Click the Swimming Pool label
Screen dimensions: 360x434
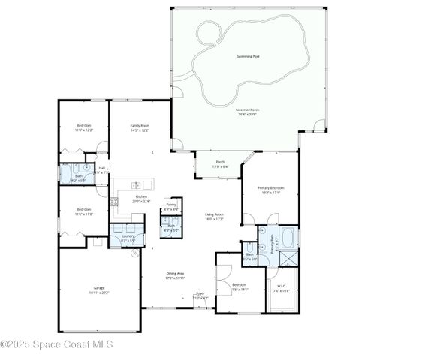247,56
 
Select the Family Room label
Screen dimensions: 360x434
140,126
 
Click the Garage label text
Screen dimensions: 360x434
98,288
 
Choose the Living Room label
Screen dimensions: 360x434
215,216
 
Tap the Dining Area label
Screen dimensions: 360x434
175,274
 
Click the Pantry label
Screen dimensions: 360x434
171,204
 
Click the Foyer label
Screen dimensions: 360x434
200,295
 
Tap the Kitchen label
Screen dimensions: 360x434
141,197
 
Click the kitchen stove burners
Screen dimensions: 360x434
114,201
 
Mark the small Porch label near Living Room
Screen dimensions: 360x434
221,162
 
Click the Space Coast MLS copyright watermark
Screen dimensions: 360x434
57,344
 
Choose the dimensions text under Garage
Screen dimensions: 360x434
98,292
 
